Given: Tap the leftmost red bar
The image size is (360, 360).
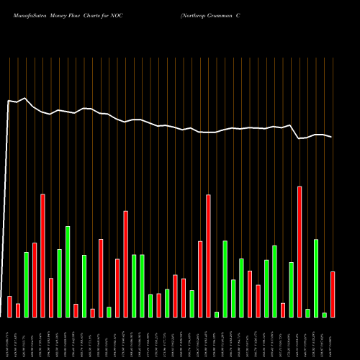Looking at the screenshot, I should coord(9,306).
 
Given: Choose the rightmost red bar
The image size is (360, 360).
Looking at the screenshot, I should coord(333,294).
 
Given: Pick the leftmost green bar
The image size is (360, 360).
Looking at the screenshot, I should coord(26,284).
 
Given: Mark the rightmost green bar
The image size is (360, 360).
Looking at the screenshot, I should coord(325,315).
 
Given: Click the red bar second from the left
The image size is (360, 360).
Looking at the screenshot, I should coord(18,310).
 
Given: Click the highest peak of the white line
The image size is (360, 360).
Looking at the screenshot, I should coord(26,98).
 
